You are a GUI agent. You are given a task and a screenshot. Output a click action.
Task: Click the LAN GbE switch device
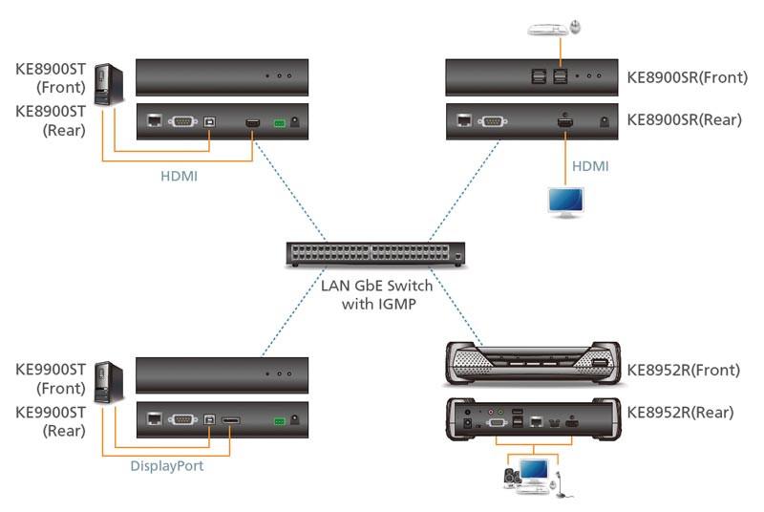[x=375, y=254]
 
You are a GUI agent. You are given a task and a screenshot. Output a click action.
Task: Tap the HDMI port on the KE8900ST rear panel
[x=252, y=123]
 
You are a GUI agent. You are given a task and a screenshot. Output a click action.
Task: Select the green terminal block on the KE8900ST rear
[x=279, y=123]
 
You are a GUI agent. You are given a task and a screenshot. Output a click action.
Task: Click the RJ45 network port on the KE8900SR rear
[x=464, y=119]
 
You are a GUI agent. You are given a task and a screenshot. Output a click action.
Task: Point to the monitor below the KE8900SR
[x=565, y=202]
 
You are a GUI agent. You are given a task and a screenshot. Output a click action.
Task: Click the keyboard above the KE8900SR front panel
[x=548, y=30]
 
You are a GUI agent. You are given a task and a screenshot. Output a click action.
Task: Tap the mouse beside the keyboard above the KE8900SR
[x=576, y=27]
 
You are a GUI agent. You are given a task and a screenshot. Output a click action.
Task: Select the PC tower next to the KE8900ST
[x=109, y=85]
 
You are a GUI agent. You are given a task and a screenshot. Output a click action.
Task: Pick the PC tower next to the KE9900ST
[x=109, y=383]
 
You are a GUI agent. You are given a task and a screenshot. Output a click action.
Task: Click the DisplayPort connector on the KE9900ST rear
[x=231, y=420]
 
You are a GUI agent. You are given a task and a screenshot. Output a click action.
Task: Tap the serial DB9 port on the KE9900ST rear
[x=182, y=419]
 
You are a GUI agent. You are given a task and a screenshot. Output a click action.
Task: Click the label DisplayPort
[x=166, y=466]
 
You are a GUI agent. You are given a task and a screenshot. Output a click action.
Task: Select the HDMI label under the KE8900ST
[x=179, y=176]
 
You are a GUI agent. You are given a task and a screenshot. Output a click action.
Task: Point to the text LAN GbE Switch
[x=376, y=286]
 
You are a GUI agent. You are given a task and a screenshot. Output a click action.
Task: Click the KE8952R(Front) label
[x=683, y=371]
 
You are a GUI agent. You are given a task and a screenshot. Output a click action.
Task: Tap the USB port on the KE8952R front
[x=600, y=363]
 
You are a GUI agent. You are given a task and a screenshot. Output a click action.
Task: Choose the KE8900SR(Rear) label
[x=684, y=119]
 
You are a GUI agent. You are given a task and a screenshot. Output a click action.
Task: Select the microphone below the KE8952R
[x=561, y=483]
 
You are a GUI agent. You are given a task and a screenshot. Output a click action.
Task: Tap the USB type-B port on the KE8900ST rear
[x=209, y=121]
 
